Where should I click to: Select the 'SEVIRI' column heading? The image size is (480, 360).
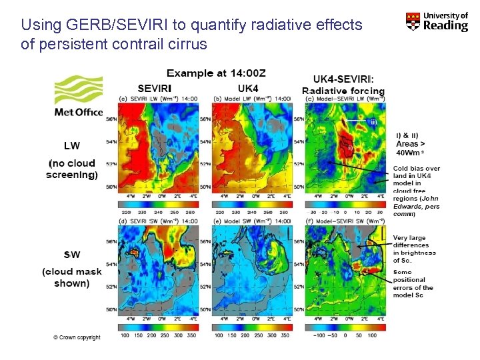pos(155,87)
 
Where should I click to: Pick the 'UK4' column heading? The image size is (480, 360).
pos(248,87)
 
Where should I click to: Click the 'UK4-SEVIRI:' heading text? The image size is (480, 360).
pos(343,78)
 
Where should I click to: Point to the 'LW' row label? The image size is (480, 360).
pos(72,145)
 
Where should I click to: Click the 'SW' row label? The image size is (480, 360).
pos(72,254)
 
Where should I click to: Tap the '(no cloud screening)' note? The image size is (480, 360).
pos(72,169)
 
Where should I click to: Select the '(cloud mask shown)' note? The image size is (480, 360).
pos(72,277)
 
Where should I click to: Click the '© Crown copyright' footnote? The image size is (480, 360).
pos(77,337)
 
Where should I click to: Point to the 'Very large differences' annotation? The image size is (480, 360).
pos(414,245)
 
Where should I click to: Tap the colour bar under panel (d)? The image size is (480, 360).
pos(154,327)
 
